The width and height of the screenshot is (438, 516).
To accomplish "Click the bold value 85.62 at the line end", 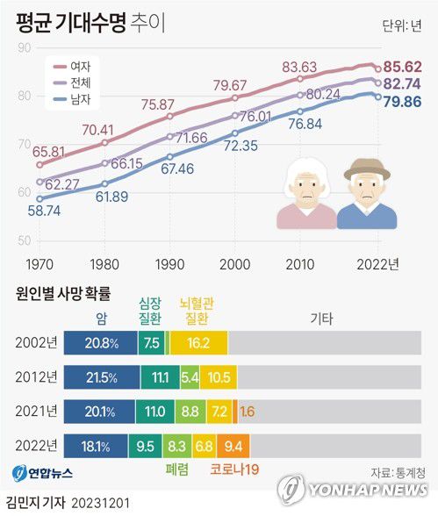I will [x=406, y=66].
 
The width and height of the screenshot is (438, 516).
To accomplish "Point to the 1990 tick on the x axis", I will [x=169, y=263].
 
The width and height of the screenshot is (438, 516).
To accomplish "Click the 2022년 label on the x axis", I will [x=379, y=263].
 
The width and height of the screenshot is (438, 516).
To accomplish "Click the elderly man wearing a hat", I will [x=366, y=194].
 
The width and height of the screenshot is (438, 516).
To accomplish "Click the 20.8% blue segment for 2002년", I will [x=100, y=343].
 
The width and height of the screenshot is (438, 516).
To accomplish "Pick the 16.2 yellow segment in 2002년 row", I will [x=198, y=343].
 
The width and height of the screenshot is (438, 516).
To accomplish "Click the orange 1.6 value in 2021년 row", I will [x=248, y=412].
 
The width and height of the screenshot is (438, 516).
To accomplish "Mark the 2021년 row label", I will [x=36, y=412].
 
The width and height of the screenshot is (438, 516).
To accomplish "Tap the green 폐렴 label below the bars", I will [x=179, y=470].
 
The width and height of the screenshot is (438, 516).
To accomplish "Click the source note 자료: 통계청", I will [x=395, y=469].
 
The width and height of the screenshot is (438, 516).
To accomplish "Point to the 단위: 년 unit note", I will [x=399, y=25].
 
